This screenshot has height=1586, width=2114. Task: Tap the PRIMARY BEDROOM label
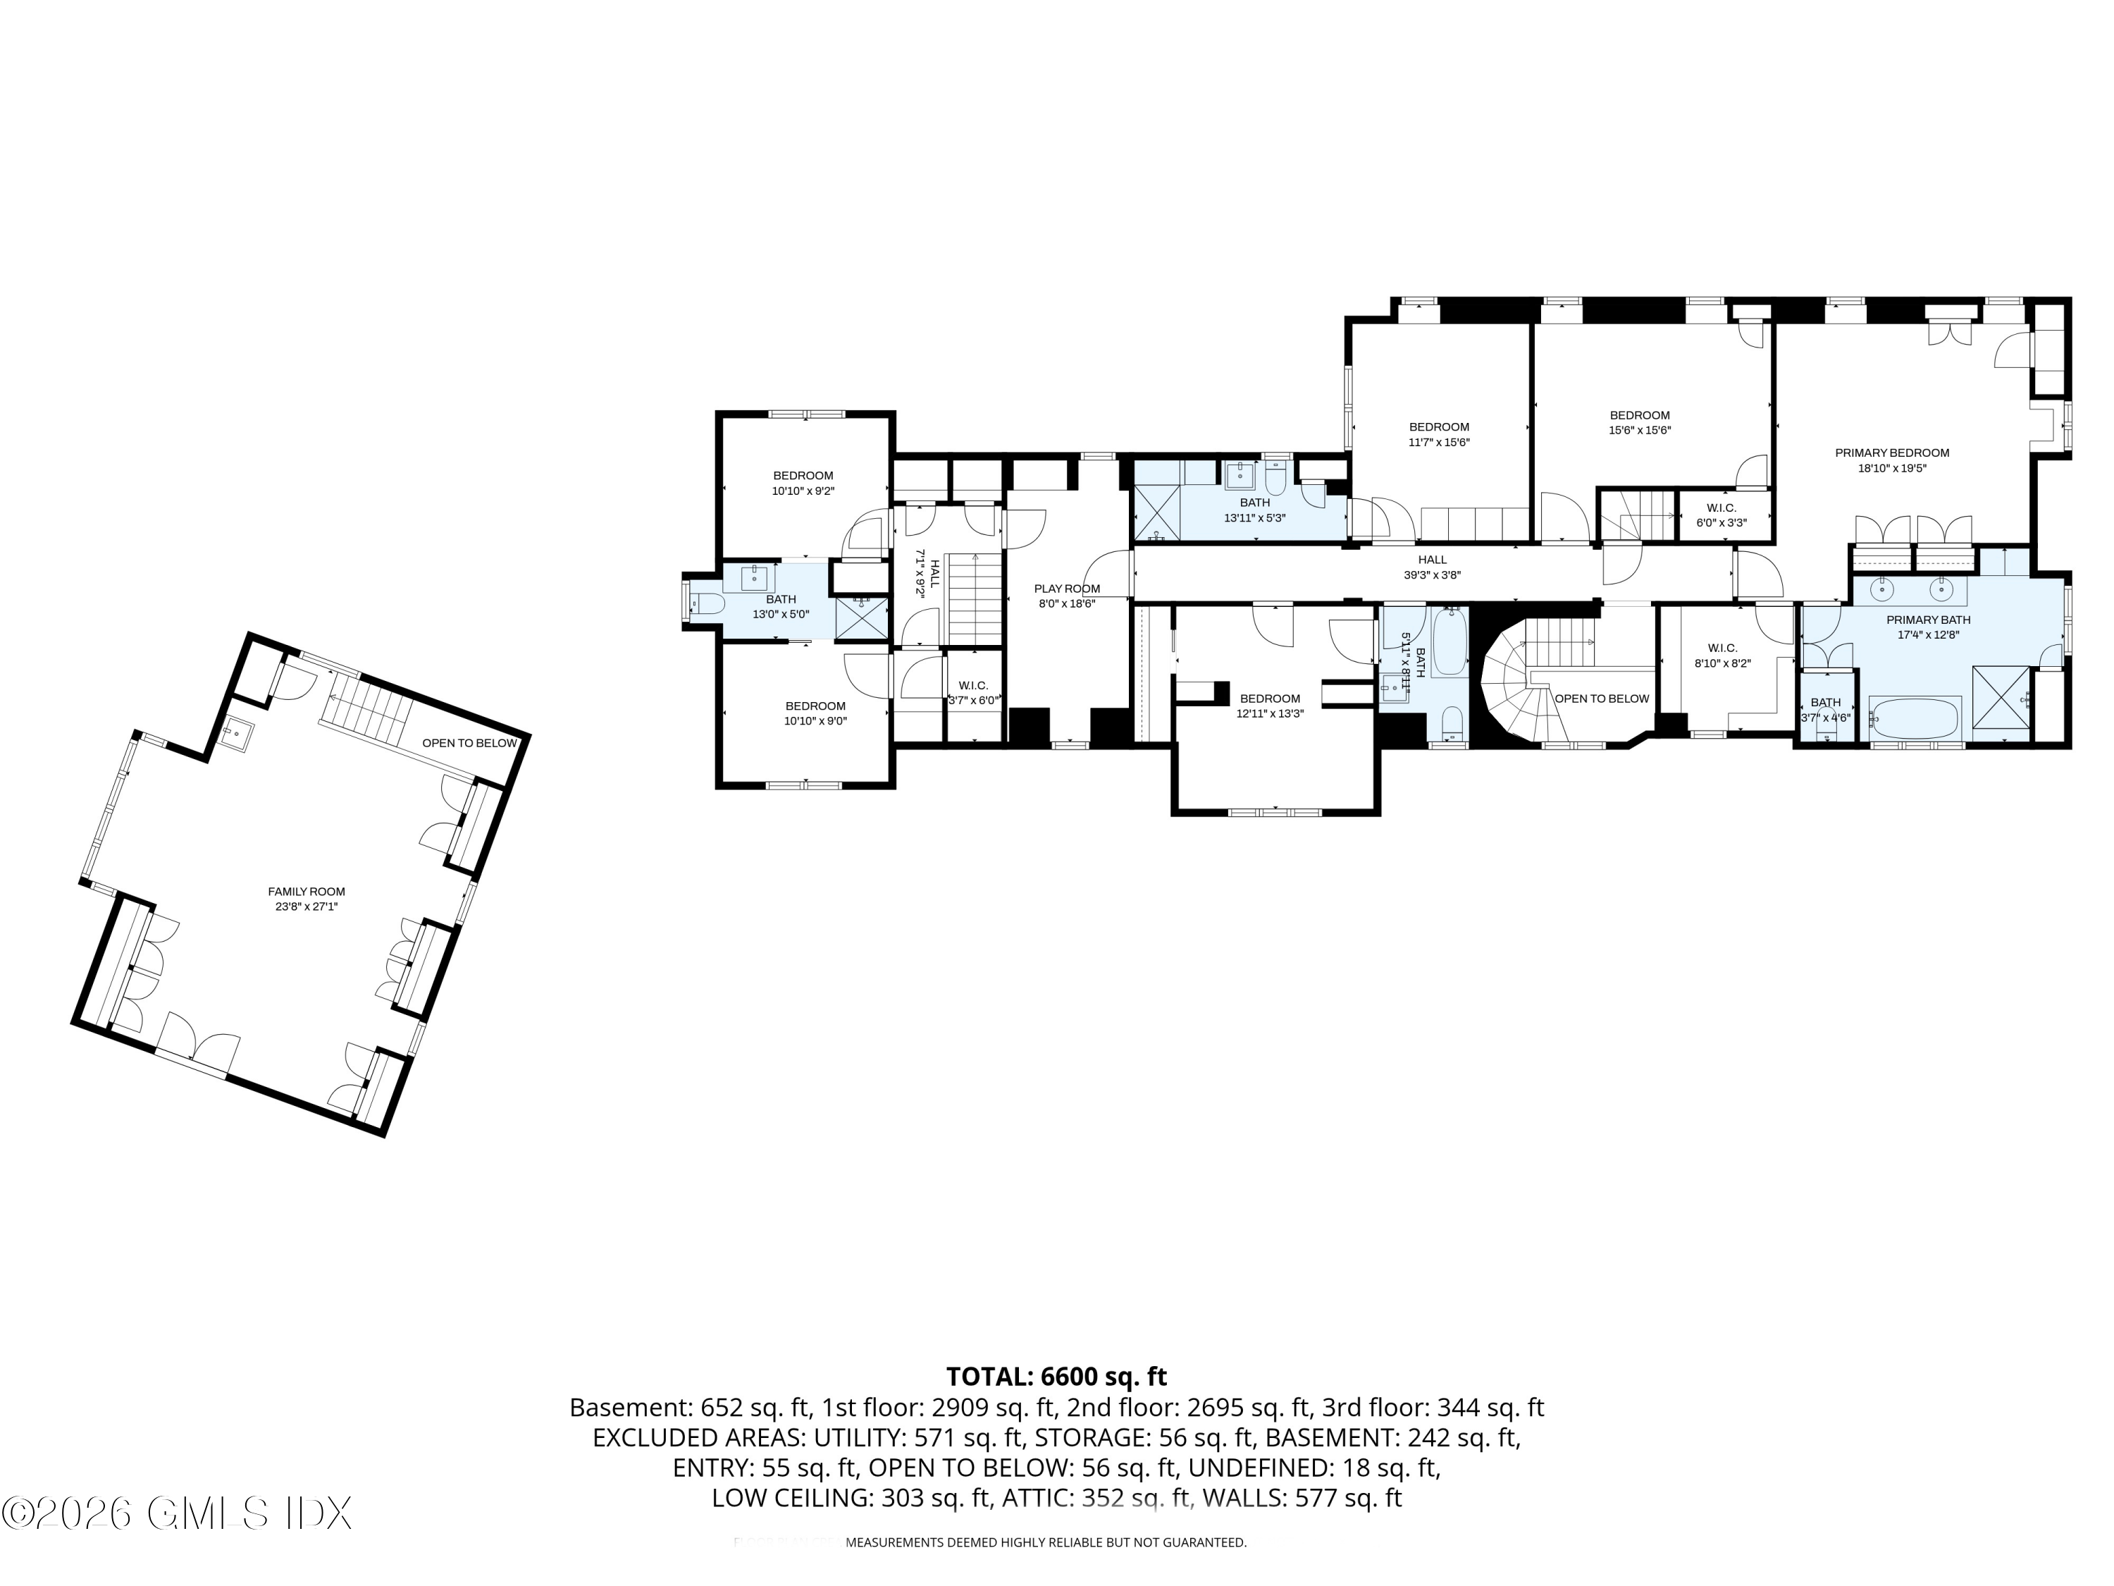(x=1891, y=453)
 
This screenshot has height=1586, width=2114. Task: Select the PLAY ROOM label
(x=1067, y=589)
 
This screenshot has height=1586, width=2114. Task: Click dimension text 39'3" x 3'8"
(x=1432, y=575)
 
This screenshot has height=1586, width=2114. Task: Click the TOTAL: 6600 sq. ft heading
(x=1056, y=1377)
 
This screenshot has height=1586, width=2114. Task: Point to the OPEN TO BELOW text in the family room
(x=469, y=743)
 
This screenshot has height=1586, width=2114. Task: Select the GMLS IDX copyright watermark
(x=177, y=1513)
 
